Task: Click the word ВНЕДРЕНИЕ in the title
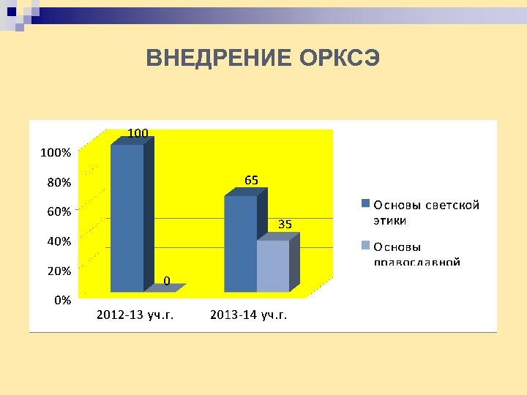[220, 58]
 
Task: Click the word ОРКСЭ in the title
[340, 58]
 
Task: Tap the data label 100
[138, 132]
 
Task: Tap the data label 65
[252, 180]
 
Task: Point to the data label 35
[285, 225]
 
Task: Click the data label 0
[168, 280]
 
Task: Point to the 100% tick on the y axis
[55, 153]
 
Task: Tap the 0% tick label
[61, 299]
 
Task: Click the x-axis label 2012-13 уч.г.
[135, 315]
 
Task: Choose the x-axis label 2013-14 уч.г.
[249, 315]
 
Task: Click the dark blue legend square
[365, 204]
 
